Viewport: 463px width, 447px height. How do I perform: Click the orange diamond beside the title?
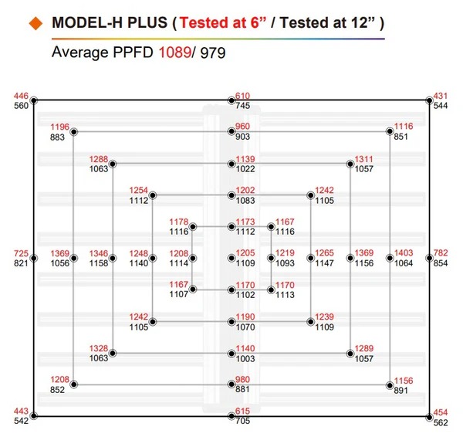[36, 23]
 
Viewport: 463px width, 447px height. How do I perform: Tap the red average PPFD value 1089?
[175, 52]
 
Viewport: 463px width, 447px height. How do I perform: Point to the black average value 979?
[213, 53]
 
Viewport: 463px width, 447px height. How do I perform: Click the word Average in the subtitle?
[80, 52]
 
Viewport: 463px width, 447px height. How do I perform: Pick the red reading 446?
[21, 96]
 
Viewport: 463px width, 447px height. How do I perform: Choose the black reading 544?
[441, 106]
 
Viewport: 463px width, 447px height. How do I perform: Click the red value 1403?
[404, 253]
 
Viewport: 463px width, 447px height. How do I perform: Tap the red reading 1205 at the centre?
[245, 253]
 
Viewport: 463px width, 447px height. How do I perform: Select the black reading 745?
[242, 106]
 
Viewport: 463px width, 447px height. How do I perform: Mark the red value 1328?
[99, 348]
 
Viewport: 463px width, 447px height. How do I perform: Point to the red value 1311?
[363, 159]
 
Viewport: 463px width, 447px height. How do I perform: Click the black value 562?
[441, 423]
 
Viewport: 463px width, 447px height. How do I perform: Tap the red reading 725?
[21, 253]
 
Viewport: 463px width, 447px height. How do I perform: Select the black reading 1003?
[245, 359]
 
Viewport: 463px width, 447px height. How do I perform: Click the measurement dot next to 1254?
[153, 195]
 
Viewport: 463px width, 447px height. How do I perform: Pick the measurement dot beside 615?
[231, 416]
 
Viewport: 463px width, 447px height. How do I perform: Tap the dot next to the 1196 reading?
[74, 132]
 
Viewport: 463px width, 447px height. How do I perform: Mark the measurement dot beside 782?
[429, 258]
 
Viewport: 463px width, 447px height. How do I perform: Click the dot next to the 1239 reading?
[311, 322]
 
